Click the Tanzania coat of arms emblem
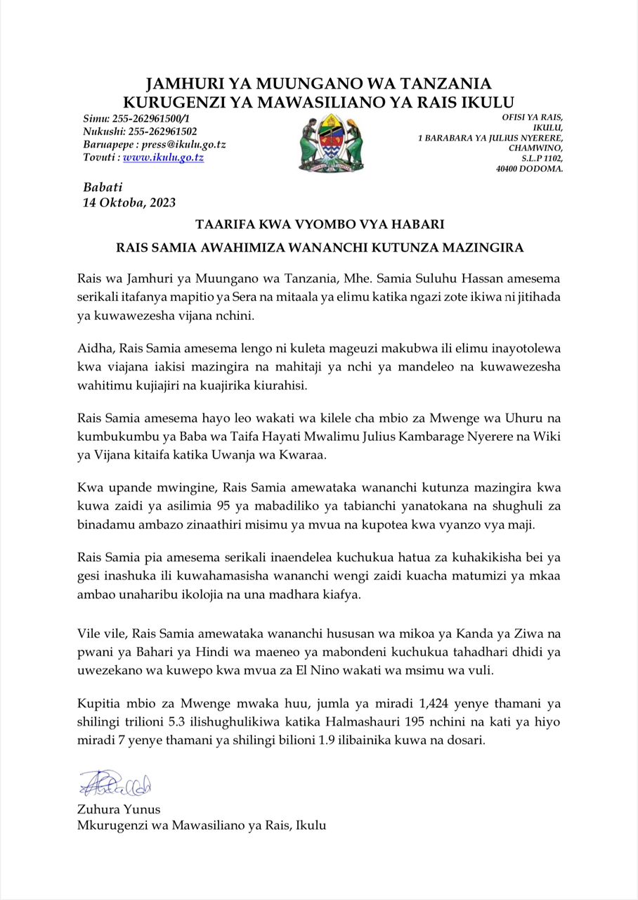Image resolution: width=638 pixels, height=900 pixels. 330,143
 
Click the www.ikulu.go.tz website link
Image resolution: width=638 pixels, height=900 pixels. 163,157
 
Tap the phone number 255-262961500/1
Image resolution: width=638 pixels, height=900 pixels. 159,117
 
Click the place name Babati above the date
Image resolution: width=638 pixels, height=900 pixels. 103,187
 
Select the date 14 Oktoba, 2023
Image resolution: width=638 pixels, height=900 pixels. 129,202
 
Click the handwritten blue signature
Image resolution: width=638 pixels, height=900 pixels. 115,783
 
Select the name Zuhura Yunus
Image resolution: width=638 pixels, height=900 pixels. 119,809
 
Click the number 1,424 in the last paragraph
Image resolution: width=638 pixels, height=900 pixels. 396,703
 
